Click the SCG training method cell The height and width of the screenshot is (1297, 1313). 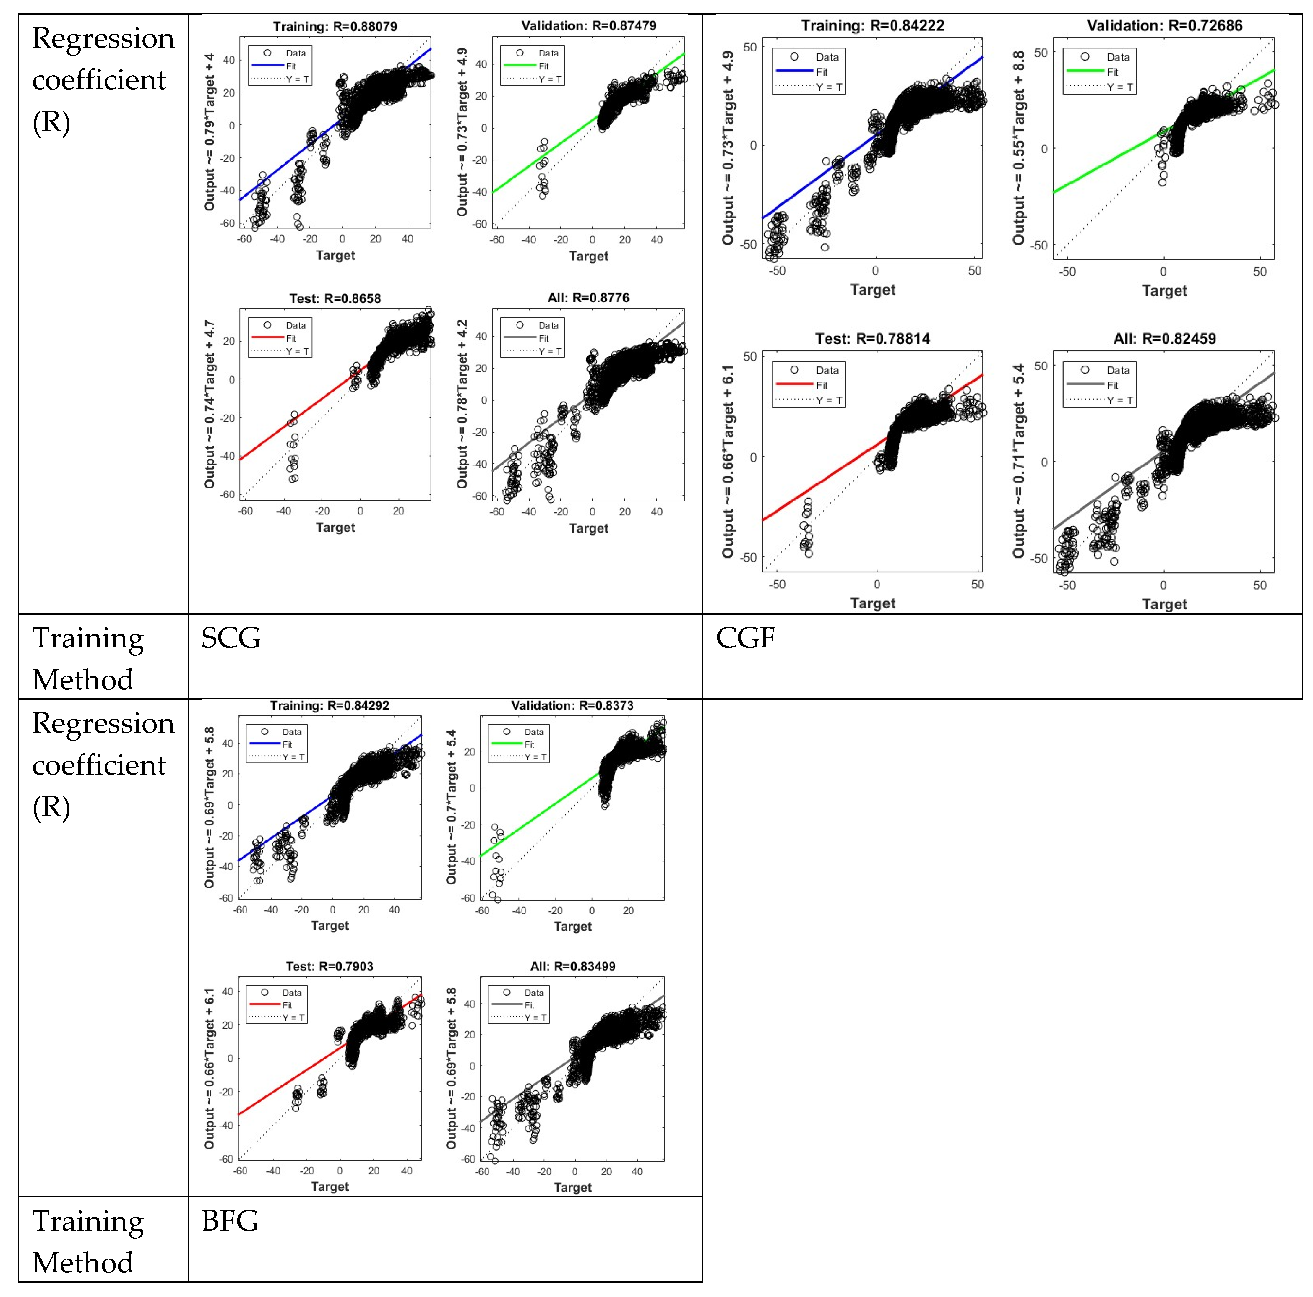231,638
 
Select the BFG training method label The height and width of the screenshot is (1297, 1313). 230,1221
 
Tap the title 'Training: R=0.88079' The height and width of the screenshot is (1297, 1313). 335,27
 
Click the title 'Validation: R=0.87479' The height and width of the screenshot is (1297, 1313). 589,26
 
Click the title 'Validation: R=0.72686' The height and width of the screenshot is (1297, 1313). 1164,26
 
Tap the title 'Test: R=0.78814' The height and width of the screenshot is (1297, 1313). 873,338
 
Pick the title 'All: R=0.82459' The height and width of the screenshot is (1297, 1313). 1164,338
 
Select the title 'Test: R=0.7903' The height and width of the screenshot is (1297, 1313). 330,966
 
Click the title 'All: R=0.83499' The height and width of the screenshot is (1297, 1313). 572,966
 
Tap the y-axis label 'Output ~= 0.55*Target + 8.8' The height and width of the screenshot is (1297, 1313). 1018,148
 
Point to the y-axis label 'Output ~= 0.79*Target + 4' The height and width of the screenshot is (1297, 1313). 209,132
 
